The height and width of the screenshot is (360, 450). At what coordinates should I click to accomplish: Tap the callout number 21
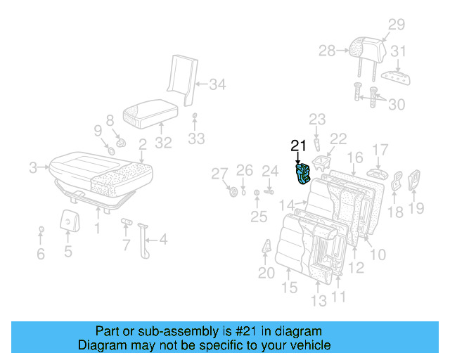[299, 146]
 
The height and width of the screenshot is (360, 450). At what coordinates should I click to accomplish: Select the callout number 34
[217, 86]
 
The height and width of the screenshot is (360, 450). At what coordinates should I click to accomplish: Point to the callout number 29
[397, 25]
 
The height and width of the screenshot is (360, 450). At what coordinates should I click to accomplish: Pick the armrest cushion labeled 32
[148, 112]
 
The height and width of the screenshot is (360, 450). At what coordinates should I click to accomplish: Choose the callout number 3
[32, 167]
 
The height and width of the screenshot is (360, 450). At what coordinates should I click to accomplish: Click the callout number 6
[40, 254]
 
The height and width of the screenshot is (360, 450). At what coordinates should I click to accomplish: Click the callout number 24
[270, 170]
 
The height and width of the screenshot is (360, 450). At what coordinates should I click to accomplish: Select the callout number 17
[380, 149]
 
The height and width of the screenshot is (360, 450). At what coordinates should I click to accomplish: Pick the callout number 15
[290, 288]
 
